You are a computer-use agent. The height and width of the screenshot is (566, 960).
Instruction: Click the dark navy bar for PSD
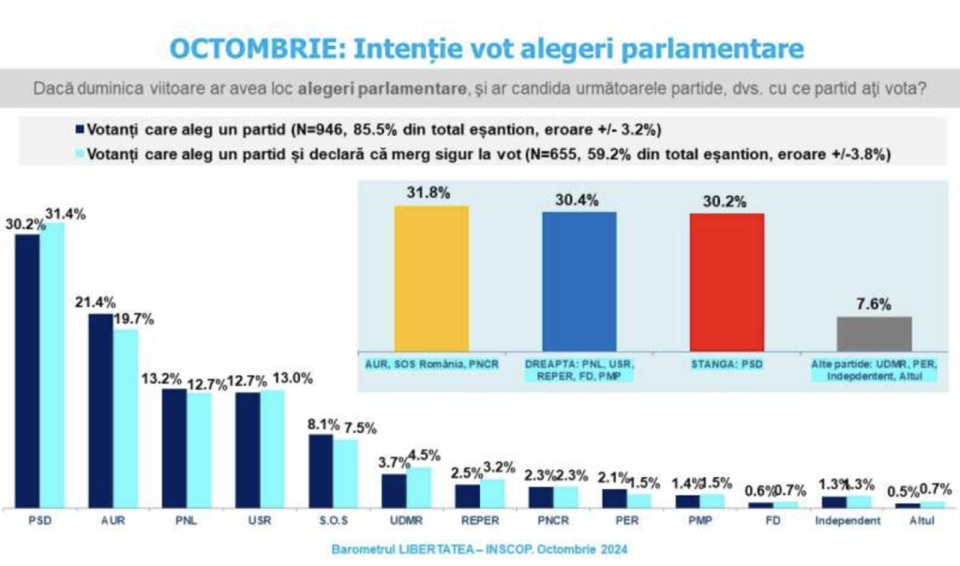pyautogui.click(x=27, y=371)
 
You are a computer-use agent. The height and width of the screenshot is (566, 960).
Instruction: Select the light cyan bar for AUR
pyautogui.click(x=126, y=419)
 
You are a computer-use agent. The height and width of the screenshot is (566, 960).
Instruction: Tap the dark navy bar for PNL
pyautogui.click(x=174, y=448)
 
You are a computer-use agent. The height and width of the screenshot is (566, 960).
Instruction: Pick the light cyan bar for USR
pyautogui.click(x=272, y=449)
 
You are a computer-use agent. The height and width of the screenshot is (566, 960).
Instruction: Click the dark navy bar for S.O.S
pyautogui.click(x=321, y=471)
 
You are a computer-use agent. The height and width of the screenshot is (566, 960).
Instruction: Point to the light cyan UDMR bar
pyautogui.click(x=419, y=487)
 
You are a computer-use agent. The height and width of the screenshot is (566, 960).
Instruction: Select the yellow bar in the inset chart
pyautogui.click(x=431, y=278)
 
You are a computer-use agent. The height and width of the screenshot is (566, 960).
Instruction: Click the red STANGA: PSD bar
pyautogui.click(x=727, y=282)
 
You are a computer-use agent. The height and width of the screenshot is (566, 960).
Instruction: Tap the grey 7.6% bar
pyautogui.click(x=875, y=335)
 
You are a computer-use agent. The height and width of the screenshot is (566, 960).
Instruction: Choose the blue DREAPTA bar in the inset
pyautogui.click(x=579, y=281)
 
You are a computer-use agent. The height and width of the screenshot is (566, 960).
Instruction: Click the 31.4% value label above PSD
pyautogui.click(x=66, y=215)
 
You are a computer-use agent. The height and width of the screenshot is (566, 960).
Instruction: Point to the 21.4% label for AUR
pyautogui.click(x=96, y=303)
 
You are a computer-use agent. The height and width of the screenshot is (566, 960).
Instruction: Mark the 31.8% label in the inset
pyautogui.click(x=428, y=193)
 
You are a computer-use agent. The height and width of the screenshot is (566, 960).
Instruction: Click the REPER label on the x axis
pyautogui.click(x=480, y=521)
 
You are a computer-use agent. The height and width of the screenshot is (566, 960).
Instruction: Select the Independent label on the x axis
pyautogui.click(x=847, y=521)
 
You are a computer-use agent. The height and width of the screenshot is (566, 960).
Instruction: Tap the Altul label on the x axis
pyautogui.click(x=922, y=521)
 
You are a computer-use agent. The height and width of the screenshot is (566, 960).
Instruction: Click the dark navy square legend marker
pyautogui.click(x=80, y=129)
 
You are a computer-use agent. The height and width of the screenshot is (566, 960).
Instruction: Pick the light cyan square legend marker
pyautogui.click(x=80, y=155)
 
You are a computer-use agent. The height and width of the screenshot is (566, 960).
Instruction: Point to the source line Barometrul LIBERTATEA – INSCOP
pyautogui.click(x=479, y=549)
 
